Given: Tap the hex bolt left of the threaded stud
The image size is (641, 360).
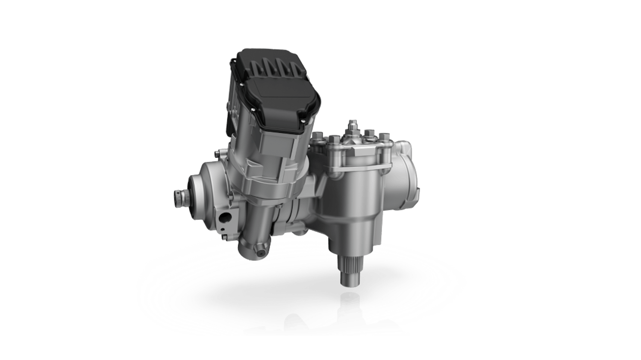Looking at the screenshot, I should (x=334, y=139).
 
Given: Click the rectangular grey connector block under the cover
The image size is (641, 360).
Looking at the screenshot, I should (x=278, y=145).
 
